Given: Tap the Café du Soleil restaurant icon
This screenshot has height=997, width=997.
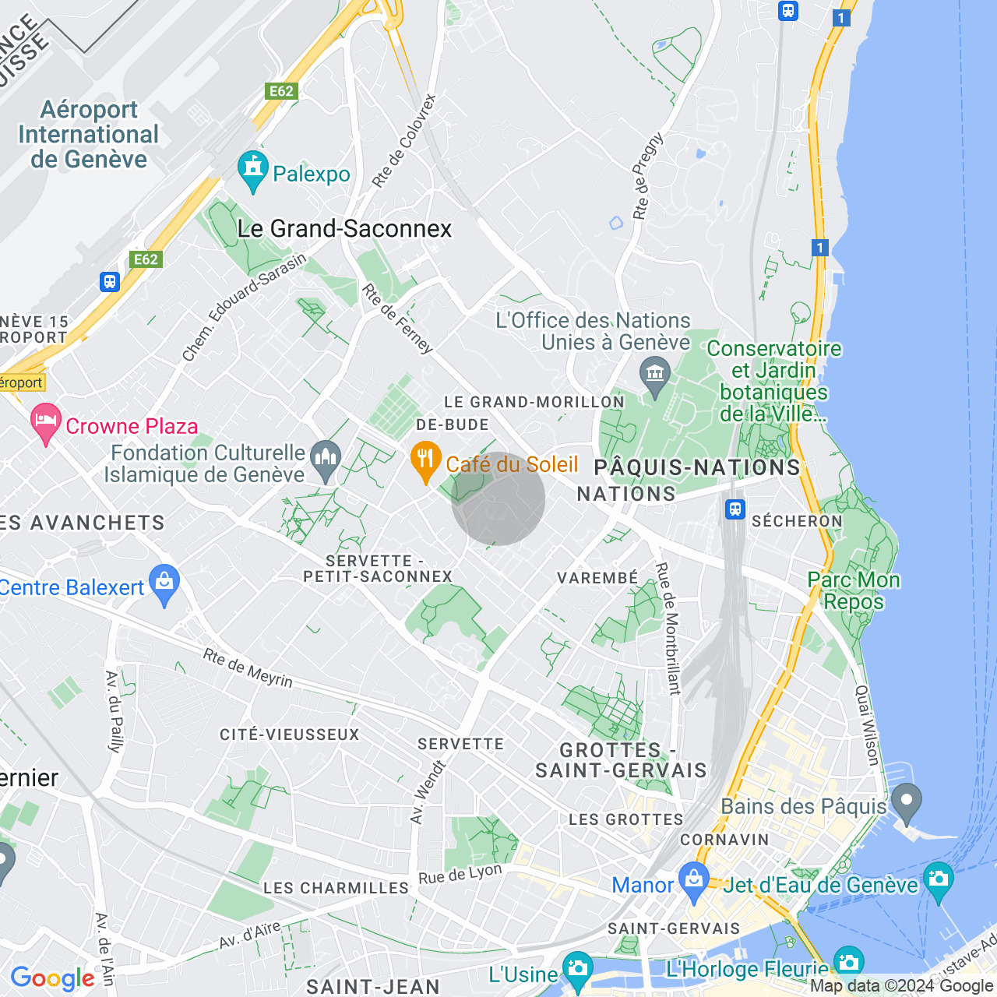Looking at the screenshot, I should [425, 461].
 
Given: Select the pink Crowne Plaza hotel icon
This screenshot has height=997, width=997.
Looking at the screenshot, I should [46, 423].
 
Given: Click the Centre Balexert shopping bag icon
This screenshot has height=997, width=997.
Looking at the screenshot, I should [164, 584].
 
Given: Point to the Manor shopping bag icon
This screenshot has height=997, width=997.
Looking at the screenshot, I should [693, 880].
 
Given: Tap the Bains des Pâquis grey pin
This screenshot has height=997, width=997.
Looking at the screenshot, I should [907, 803].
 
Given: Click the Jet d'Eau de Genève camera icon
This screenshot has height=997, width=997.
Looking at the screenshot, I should [938, 880].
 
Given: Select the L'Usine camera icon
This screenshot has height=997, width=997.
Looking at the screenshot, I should [577, 970].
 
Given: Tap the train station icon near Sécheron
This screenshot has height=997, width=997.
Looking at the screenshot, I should [735, 509].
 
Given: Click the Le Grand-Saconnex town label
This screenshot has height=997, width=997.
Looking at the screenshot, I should [344, 228].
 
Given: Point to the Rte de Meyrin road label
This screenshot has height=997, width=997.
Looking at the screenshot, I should [248, 668].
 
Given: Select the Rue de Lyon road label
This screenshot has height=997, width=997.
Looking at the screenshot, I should [460, 874].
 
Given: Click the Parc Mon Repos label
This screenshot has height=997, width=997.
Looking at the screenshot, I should [854, 590].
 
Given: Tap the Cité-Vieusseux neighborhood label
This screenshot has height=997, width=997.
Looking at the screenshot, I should [290, 735].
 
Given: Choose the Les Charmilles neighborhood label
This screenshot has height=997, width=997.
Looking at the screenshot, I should [336, 888].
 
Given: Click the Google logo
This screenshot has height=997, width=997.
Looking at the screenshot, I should [52, 978].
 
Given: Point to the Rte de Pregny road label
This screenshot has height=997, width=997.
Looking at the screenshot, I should [648, 176].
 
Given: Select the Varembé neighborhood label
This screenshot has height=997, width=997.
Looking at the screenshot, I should [597, 578].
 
